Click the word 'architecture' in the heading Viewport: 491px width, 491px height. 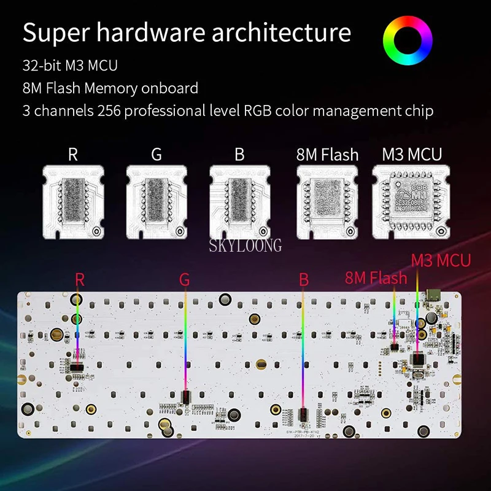(x=282, y=33)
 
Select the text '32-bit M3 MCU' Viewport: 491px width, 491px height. (x=70, y=66)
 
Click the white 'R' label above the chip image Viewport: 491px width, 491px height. (x=73, y=154)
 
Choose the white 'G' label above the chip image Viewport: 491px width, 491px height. (x=157, y=154)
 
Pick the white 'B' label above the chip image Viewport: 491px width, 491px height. (x=239, y=154)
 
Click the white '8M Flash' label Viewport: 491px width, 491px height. (x=327, y=154)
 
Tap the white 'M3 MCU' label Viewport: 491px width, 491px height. (x=412, y=154)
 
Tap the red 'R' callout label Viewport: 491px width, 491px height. (x=79, y=280)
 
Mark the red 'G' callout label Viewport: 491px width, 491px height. (x=185, y=280)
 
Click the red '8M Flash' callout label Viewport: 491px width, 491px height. (x=376, y=278)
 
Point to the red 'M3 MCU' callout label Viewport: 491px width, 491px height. (x=441, y=260)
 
